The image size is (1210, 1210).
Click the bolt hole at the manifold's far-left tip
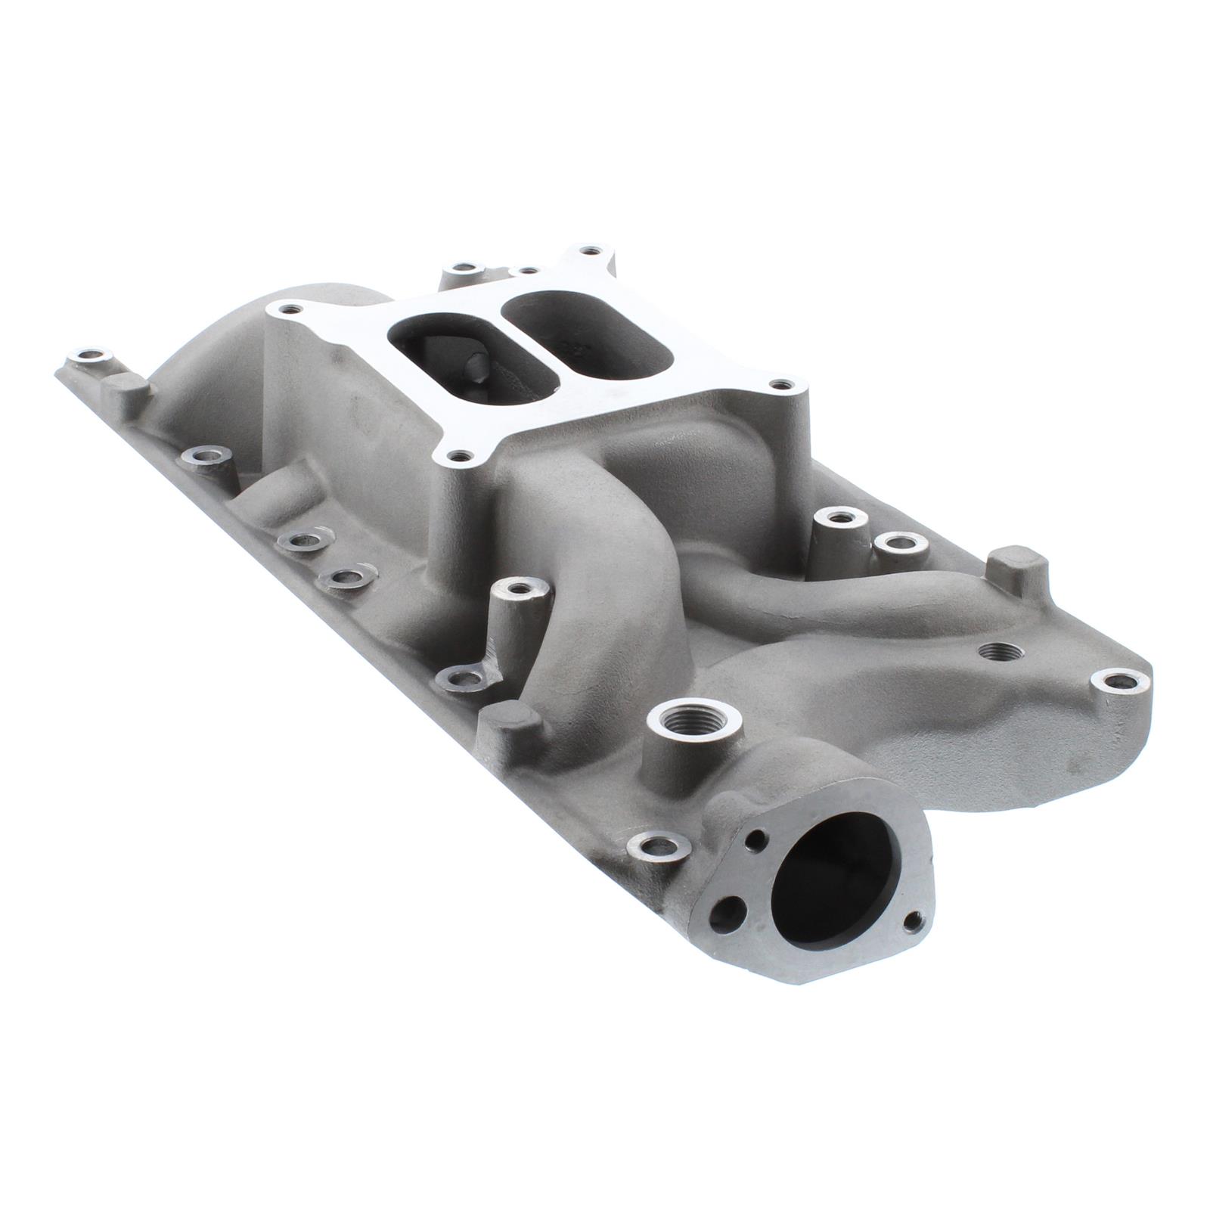point(90,355)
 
